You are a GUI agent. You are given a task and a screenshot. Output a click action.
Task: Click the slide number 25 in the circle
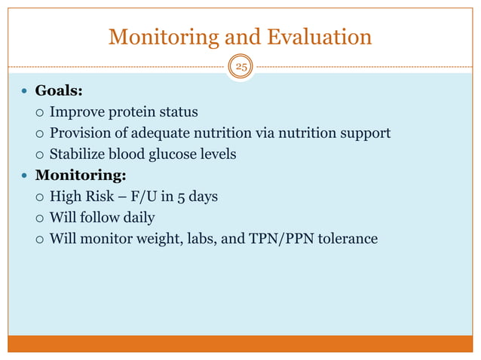242,66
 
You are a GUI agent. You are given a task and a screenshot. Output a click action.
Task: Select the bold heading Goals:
59,91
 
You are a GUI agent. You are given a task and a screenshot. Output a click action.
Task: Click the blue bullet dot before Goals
25,92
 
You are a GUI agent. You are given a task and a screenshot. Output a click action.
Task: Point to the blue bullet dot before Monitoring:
25,176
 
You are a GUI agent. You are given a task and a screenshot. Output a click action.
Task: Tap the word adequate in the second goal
173,133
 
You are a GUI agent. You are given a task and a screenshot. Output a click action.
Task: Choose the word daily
136,218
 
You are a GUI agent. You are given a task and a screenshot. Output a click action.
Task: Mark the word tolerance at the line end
346,239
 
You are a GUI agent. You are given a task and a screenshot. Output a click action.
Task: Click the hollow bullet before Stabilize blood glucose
40,155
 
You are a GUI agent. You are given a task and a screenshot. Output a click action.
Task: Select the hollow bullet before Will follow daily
40,219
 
